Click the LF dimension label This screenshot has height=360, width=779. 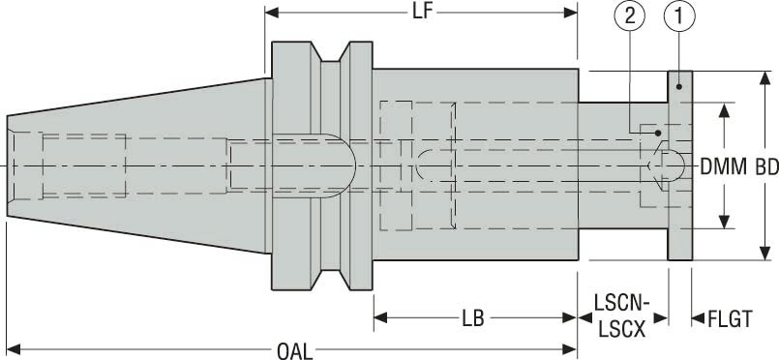422,12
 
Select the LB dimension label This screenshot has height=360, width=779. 474,318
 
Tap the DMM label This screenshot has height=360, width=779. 725,167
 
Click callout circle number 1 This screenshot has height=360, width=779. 679,15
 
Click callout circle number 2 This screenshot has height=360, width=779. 630,15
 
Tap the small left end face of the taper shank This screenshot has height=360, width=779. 9,167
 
